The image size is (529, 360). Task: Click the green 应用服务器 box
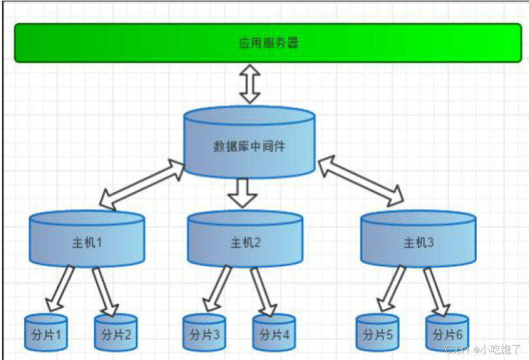click(x=268, y=43)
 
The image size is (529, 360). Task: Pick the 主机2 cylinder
click(x=245, y=242)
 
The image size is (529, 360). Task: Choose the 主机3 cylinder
click(x=419, y=242)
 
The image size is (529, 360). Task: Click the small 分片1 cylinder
click(x=46, y=334)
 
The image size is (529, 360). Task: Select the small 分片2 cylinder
click(x=116, y=334)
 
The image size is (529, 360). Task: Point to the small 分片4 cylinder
click(x=274, y=334)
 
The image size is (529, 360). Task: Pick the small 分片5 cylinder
click(x=377, y=334)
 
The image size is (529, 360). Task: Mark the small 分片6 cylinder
click(x=447, y=334)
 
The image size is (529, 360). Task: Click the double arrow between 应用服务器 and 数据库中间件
click(x=250, y=83)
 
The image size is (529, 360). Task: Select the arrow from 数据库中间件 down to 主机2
click(x=244, y=192)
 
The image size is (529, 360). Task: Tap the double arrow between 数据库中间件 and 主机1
click(x=143, y=184)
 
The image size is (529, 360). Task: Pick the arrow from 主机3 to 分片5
click(x=391, y=289)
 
